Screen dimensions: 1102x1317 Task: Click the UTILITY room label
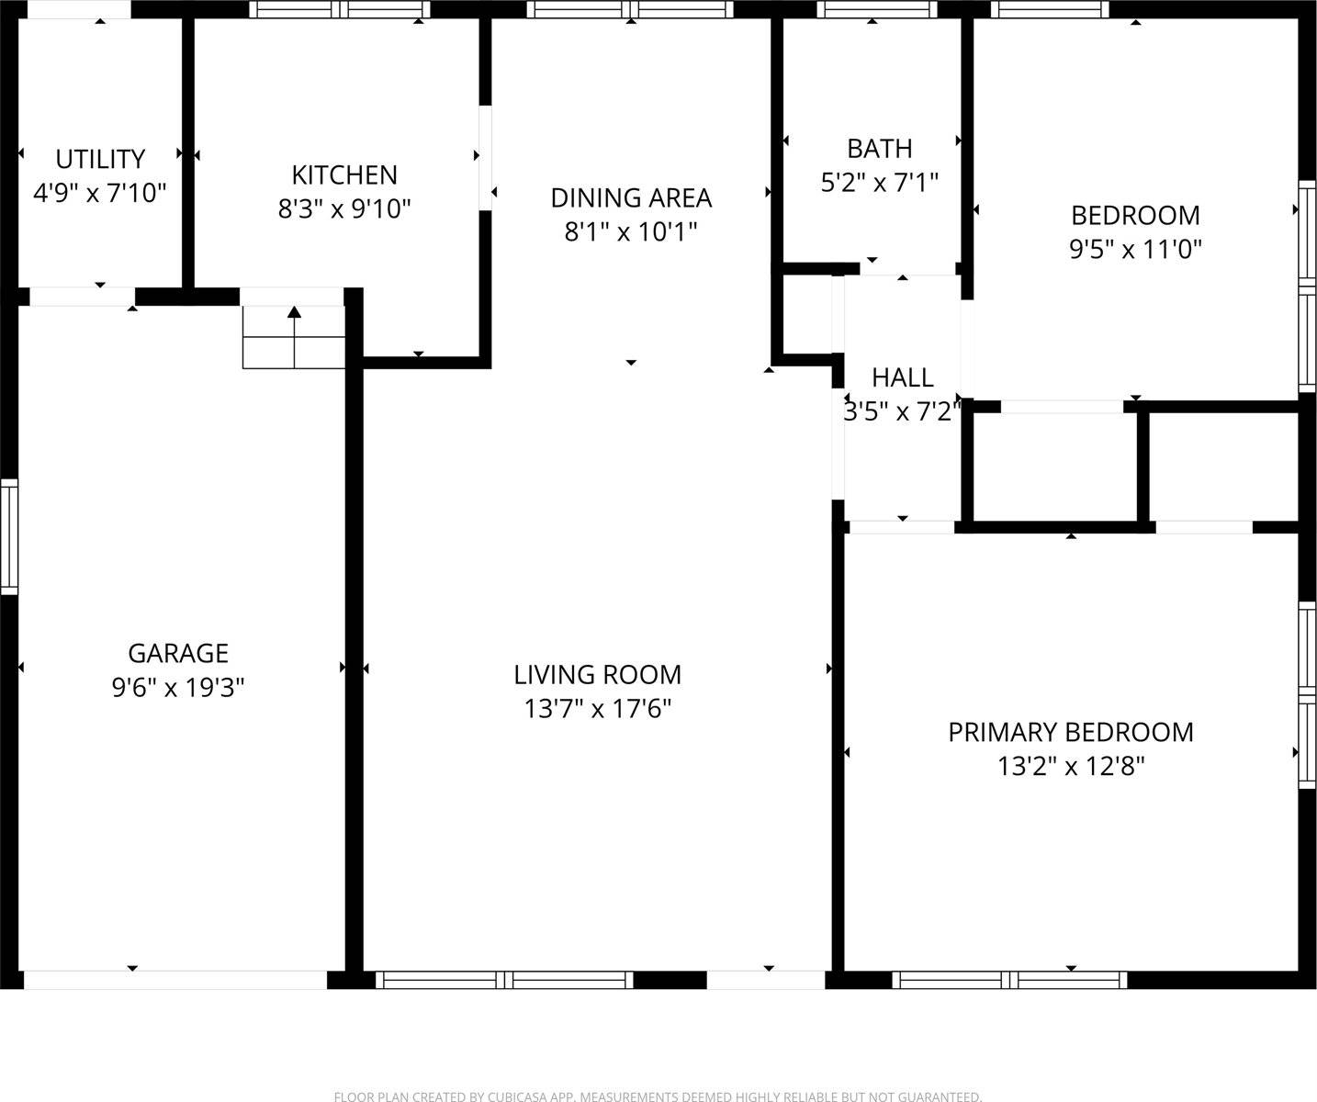[x=100, y=159]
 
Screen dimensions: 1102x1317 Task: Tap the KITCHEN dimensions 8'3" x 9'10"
[x=344, y=209]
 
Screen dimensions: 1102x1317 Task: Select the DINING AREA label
[x=631, y=197]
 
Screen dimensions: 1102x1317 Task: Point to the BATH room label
[x=879, y=148]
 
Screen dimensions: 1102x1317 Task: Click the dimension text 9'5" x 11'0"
[x=1135, y=249]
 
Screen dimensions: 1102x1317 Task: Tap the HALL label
[x=902, y=377]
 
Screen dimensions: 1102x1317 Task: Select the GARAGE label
[x=178, y=653]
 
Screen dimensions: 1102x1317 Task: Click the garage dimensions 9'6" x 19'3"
[x=178, y=688]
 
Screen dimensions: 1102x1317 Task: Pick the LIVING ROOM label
[x=597, y=675]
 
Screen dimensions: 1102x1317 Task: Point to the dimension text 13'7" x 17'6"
[x=597, y=709]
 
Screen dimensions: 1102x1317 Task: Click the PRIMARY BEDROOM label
[x=1070, y=732]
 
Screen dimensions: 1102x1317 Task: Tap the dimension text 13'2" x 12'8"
[x=1070, y=766]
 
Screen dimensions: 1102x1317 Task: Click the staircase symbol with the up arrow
[x=294, y=337]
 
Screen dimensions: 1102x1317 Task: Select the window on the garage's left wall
[x=8, y=535]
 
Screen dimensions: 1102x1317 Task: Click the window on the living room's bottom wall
[x=504, y=980]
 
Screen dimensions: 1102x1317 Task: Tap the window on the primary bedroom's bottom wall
[x=1009, y=980]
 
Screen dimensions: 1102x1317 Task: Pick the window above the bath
[x=876, y=10]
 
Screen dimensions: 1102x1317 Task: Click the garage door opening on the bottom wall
[x=174, y=980]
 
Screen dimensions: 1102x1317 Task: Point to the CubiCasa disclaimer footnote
[x=658, y=1096]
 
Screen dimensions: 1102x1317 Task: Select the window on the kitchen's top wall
[x=340, y=10]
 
